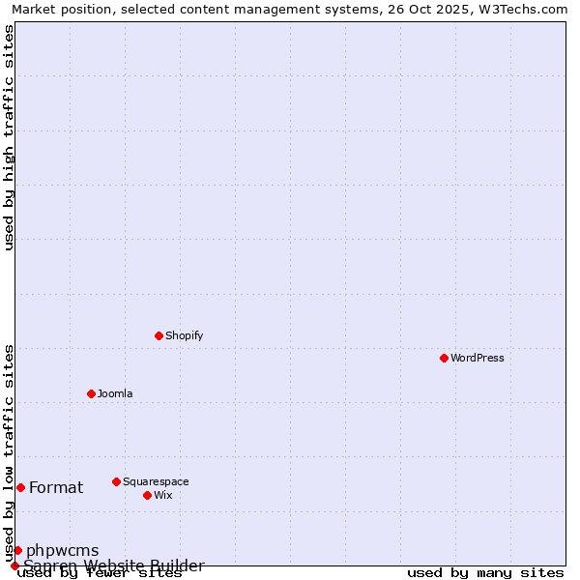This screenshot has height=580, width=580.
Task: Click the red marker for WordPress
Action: coord(444,358)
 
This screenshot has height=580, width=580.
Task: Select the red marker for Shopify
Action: coord(159,335)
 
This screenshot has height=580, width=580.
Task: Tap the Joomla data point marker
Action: coord(91,393)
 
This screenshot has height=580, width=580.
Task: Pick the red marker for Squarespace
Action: coord(116,481)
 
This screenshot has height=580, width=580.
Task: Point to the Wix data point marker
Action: coord(147,495)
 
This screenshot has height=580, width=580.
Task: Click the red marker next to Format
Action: coord(20,487)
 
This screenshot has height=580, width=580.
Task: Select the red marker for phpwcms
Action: coord(17,550)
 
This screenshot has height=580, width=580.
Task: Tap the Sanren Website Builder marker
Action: coord(14,565)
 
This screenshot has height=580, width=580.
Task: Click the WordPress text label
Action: coord(478,359)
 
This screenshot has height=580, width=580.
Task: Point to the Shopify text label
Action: coord(184,336)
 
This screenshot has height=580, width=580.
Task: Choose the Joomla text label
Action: coord(115,394)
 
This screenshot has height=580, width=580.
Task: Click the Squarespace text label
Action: coord(156,482)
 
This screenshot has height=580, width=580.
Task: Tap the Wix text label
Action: coord(163,496)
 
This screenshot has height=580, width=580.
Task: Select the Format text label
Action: coord(56,488)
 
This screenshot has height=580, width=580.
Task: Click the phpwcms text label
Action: coord(62,551)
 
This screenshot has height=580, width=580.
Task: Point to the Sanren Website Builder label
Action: coord(114,565)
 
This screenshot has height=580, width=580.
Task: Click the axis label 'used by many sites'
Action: coord(485,573)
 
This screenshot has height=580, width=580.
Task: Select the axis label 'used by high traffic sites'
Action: coord(10,137)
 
